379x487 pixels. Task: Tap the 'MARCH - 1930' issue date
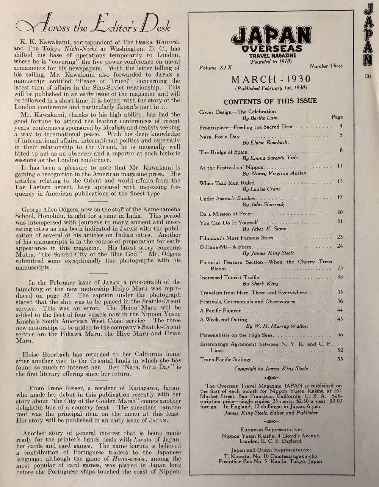271,79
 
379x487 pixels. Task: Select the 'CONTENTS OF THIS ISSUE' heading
270,101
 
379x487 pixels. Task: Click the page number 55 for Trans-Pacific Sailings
340,359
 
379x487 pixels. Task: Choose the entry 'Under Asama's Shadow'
228,198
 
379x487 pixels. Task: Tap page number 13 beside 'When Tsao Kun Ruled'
340,182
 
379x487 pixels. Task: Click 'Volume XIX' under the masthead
215,68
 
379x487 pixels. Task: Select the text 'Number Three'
326,66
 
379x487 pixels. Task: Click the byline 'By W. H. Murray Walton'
277,326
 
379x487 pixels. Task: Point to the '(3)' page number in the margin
368,76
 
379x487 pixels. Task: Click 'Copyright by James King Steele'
271,368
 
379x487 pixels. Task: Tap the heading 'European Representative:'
271,429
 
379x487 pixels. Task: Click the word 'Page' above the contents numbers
337,117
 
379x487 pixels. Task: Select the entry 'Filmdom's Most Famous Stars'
236,238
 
